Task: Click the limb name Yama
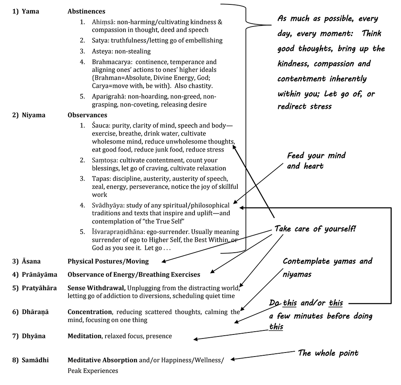tap(30, 12)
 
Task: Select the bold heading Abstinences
tap(87, 12)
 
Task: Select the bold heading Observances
tap(87, 115)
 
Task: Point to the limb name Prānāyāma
tap(40, 275)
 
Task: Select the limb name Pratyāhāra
tap(39, 288)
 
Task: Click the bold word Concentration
tap(90, 312)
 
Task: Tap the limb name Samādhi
tap(35, 360)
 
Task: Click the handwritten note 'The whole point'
tap(328, 353)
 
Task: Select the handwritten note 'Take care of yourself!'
tap(315, 229)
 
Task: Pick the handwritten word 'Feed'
tap(296, 156)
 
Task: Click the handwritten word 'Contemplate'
tap(306, 261)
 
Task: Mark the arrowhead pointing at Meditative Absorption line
tap(233, 359)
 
